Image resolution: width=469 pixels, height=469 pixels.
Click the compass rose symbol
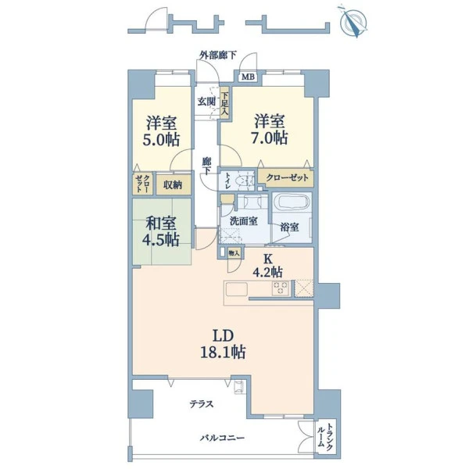[x=354, y=22]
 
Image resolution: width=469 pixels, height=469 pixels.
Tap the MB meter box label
[x=248, y=77]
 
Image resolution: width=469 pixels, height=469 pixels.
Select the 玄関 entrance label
[x=206, y=102]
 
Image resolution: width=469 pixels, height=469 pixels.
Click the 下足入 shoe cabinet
[x=225, y=103]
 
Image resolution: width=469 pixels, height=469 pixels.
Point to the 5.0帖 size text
[x=161, y=140]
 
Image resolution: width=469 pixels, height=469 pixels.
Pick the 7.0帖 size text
[x=269, y=138]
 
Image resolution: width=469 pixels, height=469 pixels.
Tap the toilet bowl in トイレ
[x=243, y=181]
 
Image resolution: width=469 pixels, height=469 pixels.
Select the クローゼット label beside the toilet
[x=287, y=177]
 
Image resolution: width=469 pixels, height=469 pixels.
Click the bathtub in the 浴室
[x=292, y=202]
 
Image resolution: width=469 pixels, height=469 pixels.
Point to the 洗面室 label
[x=244, y=221]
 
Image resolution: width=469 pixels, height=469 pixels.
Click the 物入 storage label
[x=234, y=253]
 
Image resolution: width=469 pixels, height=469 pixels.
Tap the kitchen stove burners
[x=281, y=288]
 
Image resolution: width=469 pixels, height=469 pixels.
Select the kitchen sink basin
[x=236, y=289]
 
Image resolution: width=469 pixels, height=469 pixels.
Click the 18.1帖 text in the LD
[x=223, y=352]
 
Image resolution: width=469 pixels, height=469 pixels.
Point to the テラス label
[x=202, y=404]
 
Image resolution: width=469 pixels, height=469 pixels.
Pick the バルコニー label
[x=222, y=438]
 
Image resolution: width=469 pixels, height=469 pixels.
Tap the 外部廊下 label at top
[x=218, y=55]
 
